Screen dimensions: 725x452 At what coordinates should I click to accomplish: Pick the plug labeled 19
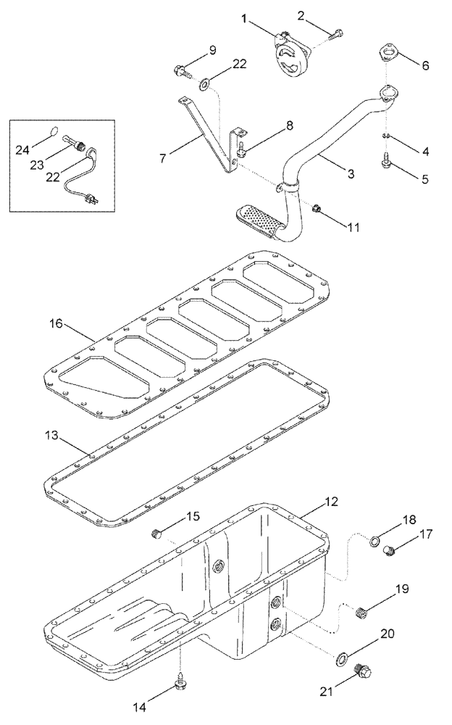coord(364,613)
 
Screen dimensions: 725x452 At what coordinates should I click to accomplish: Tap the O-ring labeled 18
coord(377,540)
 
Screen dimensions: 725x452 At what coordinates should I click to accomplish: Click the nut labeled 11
coord(317,210)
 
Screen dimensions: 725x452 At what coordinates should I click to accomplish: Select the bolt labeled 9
coord(181,70)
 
